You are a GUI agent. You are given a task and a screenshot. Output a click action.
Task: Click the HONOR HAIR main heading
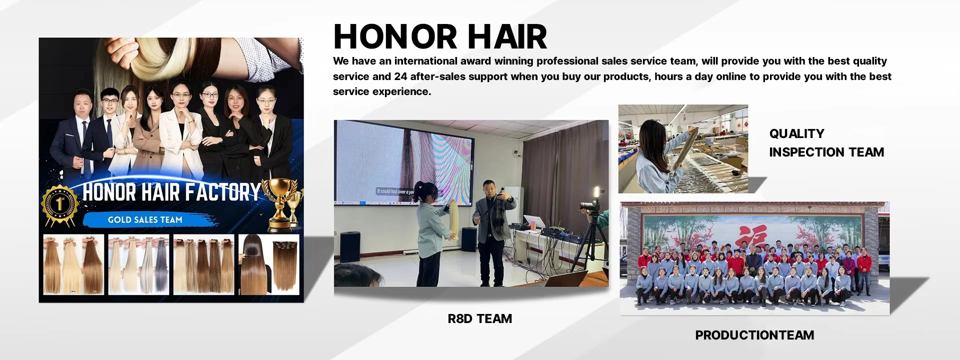click(x=440, y=36)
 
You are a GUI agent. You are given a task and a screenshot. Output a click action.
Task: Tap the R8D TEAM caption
click(x=480, y=318)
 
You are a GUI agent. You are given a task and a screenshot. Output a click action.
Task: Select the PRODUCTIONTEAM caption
click(x=754, y=335)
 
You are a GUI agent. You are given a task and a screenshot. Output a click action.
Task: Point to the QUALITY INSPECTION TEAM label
click(x=826, y=143)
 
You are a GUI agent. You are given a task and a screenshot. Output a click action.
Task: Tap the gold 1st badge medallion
click(x=60, y=204)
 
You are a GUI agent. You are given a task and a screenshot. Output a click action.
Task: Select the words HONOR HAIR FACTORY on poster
click(x=171, y=192)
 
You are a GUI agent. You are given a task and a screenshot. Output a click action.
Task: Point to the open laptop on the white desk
click(x=533, y=221)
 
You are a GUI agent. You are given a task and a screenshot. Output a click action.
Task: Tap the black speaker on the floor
click(x=468, y=239)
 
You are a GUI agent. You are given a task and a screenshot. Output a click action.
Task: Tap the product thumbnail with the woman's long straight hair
click(x=268, y=264)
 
